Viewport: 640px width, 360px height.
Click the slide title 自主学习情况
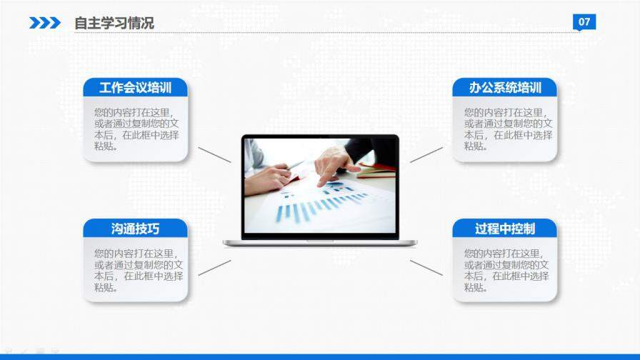tap(114, 23)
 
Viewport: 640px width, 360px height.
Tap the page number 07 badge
tap(584, 22)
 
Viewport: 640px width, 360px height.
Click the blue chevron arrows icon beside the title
tap(45, 23)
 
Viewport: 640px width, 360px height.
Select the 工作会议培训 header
tap(136, 87)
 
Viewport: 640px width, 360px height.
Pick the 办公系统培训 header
tap(505, 87)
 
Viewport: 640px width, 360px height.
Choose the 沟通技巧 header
tap(136, 229)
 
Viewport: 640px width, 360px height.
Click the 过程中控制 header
tap(505, 229)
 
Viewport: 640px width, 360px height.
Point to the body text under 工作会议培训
tap(136, 129)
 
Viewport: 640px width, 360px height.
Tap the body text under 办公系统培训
tap(508, 129)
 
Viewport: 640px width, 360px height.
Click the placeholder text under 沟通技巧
tap(139, 270)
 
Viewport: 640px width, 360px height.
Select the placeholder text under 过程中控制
tap(506, 270)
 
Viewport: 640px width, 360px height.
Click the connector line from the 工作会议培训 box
tap(215, 155)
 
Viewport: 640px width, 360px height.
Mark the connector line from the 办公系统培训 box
tap(426, 155)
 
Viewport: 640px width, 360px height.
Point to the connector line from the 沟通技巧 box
tap(215, 268)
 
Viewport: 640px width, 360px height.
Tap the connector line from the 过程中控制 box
tap(426, 268)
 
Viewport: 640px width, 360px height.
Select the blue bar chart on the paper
tap(318, 206)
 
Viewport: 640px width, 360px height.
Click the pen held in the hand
tap(295, 164)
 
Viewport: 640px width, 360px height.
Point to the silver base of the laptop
tap(320, 244)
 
